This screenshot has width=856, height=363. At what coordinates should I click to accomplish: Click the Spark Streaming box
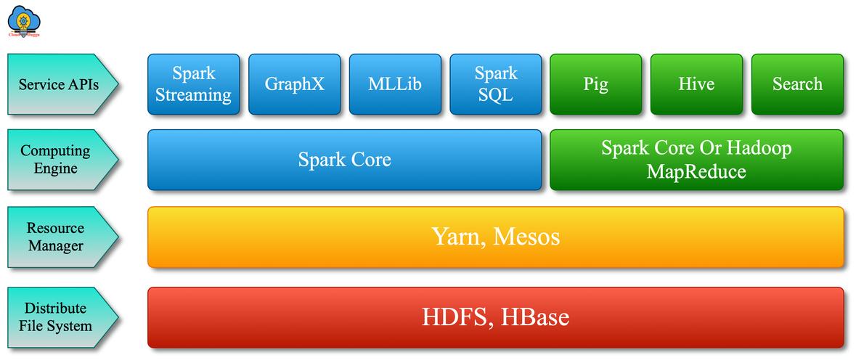pos(193,84)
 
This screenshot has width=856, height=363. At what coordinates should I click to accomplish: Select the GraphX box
pos(294,84)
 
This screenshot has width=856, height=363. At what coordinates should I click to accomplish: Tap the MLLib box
pos(394,84)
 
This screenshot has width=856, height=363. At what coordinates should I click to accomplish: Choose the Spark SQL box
pos(495,84)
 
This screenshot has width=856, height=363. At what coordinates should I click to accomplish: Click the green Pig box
pos(595,84)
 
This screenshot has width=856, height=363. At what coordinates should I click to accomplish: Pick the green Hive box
pos(696,84)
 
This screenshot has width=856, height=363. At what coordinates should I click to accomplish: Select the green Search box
pos(797,84)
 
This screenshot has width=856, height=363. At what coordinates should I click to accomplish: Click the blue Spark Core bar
pos(344,160)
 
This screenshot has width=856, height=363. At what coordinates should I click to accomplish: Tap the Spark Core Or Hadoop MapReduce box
pos(696,160)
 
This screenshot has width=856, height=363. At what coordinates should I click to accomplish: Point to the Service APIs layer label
pos(59,84)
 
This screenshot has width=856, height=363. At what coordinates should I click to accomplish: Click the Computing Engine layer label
pos(56,160)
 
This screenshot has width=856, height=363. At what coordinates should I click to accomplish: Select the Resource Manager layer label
pos(56,237)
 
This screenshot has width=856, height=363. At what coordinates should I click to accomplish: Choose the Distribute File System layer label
pos(56,317)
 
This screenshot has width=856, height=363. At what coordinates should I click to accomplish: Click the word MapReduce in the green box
pos(696,172)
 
